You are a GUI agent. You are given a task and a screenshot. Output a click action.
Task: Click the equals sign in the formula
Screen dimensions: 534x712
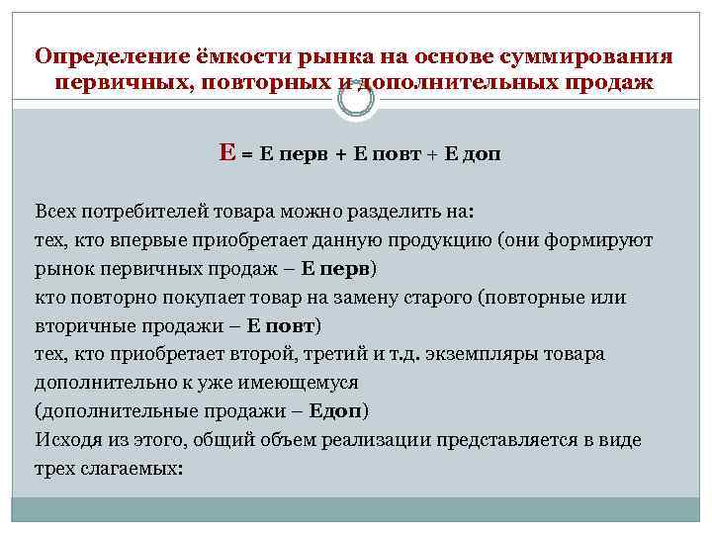coord(246,156)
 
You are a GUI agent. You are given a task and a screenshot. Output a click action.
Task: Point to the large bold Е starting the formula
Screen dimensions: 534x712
coord(227,153)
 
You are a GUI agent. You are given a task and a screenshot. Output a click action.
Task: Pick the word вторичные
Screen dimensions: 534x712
coord(83,325)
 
